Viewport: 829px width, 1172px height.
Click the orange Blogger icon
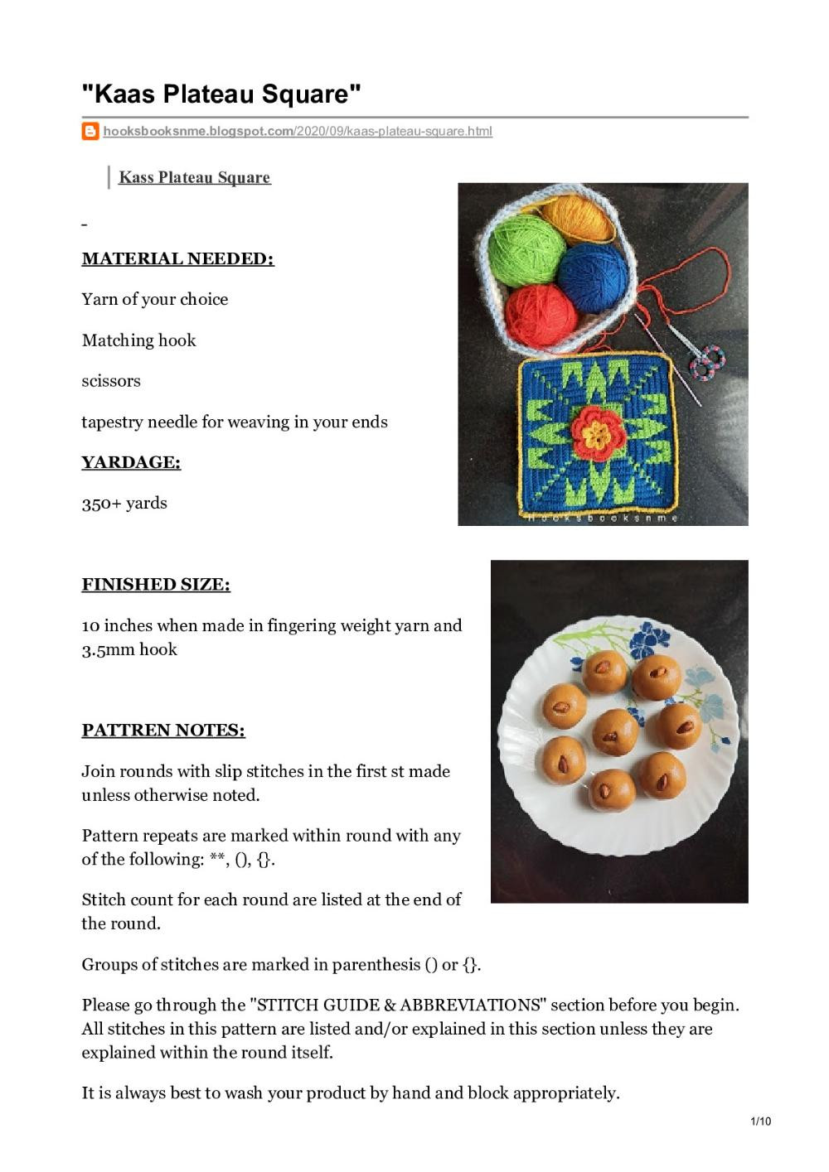pyautogui.click(x=90, y=131)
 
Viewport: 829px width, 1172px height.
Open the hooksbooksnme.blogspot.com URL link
pyautogui.click(x=297, y=131)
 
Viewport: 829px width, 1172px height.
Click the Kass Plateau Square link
pyautogui.click(x=194, y=177)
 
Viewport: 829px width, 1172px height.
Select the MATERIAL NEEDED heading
pyautogui.click(x=177, y=258)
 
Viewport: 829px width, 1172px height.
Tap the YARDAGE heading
pyautogui.click(x=131, y=462)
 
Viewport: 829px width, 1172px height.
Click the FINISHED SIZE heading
pyautogui.click(x=156, y=584)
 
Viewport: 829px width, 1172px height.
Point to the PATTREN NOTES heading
pyautogui.click(x=163, y=730)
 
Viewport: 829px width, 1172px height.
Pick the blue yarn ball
pyautogui.click(x=591, y=277)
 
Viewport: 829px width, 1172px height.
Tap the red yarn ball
pyautogui.click(x=541, y=317)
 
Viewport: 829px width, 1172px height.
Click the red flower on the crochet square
pyautogui.click(x=595, y=432)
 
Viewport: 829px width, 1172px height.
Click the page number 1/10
pyautogui.click(x=760, y=1121)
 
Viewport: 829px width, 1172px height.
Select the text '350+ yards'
pyautogui.click(x=124, y=503)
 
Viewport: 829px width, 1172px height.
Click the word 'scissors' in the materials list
pyautogui.click(x=111, y=381)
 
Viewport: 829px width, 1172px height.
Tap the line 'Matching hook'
pyautogui.click(x=138, y=340)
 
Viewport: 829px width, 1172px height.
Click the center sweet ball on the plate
pyautogui.click(x=614, y=731)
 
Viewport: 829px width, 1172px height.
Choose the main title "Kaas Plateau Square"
pyautogui.click(x=221, y=94)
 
